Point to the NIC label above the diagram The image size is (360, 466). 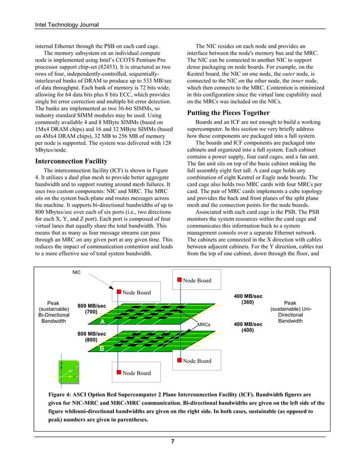tap(76, 272)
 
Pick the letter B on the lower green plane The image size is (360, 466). tap(102, 349)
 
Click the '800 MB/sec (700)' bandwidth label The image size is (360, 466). tap(91, 308)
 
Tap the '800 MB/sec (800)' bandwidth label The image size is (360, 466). tap(91, 337)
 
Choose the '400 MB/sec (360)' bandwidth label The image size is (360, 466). tap(247, 298)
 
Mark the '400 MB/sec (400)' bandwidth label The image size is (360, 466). tap(247, 327)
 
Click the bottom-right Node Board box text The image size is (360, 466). tap(197, 361)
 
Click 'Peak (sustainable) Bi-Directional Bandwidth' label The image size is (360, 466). tap(53, 311)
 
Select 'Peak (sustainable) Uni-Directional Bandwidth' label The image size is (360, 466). tap(293, 311)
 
